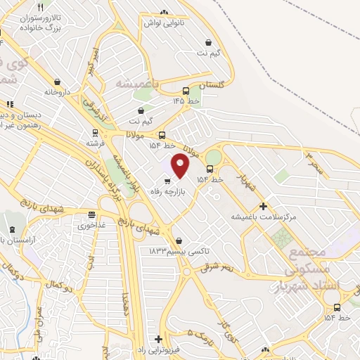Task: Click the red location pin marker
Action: point(181,166)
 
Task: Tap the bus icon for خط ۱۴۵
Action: point(186,91)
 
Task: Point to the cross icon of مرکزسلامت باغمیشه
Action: point(264,206)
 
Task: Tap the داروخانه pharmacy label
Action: point(58,91)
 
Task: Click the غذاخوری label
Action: point(91,226)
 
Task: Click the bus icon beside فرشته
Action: point(95,131)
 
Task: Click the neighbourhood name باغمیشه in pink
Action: point(135,84)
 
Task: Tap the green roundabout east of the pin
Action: point(213,156)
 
